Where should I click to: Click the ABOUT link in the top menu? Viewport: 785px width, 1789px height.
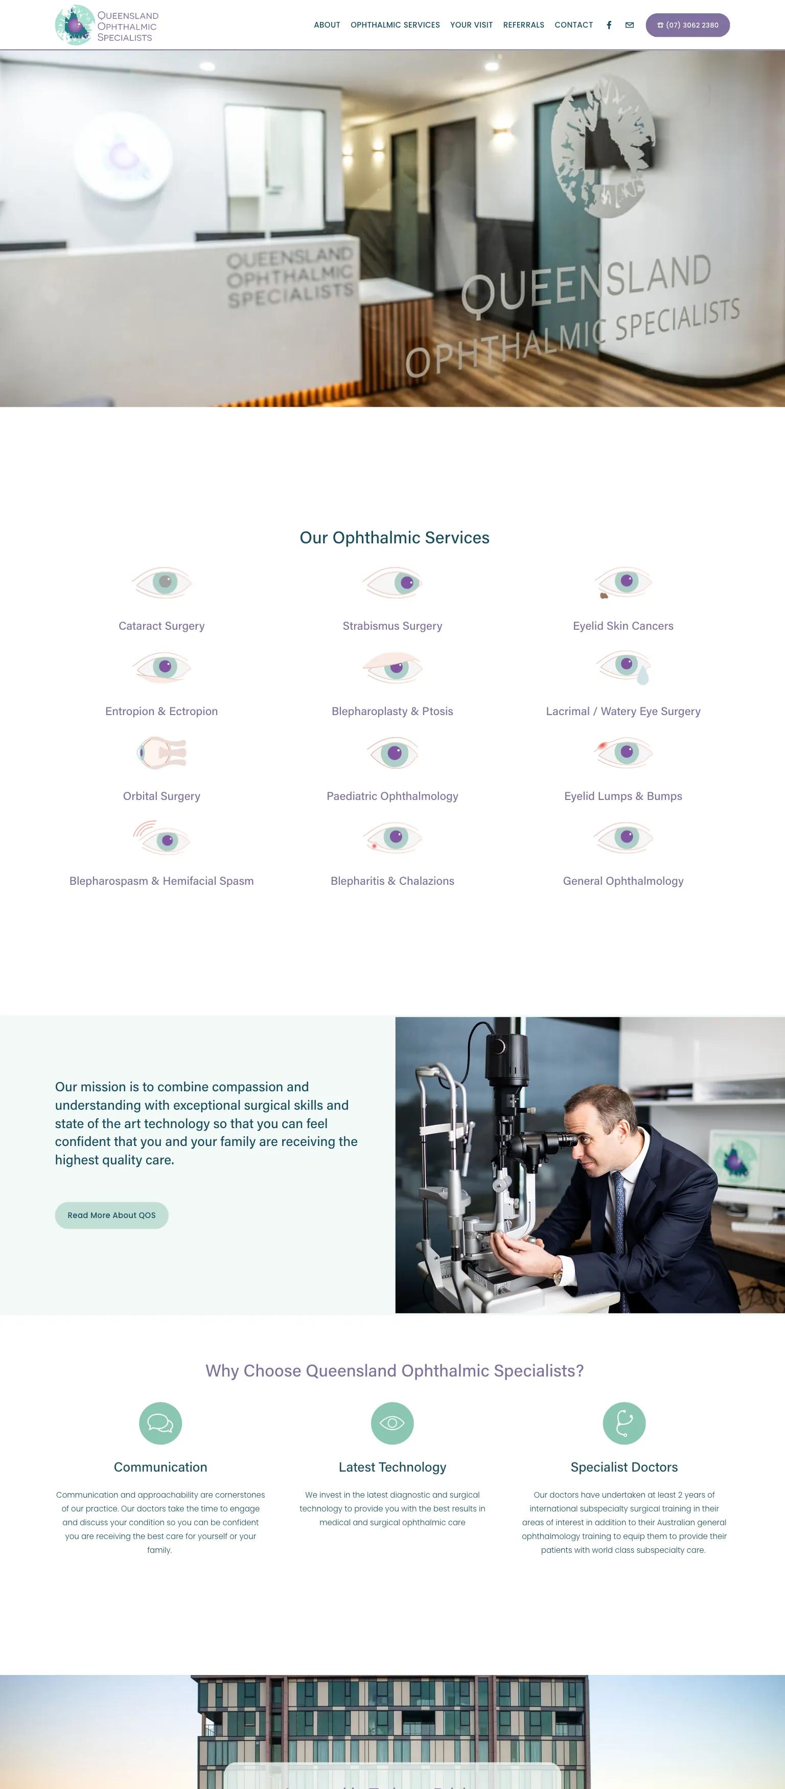327,25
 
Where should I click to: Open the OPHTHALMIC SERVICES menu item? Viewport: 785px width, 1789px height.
395,25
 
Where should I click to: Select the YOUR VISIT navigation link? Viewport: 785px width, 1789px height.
471,25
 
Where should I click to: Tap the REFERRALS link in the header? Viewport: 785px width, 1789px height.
523,25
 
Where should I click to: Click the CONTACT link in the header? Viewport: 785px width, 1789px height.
573,25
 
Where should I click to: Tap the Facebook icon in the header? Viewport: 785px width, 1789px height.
609,25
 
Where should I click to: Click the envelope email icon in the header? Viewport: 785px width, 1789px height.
630,25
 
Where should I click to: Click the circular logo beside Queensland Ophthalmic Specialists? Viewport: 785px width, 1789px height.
74,25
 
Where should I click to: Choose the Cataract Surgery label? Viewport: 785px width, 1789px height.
161,626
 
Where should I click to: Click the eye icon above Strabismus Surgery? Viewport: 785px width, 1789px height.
392,583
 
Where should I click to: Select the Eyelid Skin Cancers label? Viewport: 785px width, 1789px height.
622,626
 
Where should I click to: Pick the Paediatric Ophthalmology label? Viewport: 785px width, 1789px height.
392,796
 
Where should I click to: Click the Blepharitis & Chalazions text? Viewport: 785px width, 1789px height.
392,881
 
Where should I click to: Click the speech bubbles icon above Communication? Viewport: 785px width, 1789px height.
160,1423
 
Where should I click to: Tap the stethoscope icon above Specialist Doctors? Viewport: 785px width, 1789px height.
624,1423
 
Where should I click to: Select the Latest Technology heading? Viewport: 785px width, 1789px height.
392,1467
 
